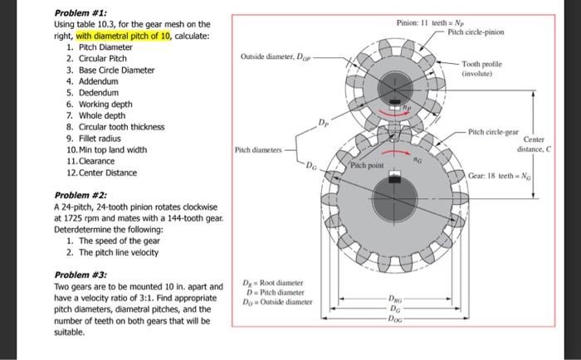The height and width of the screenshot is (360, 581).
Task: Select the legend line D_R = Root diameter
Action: (x=276, y=284)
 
